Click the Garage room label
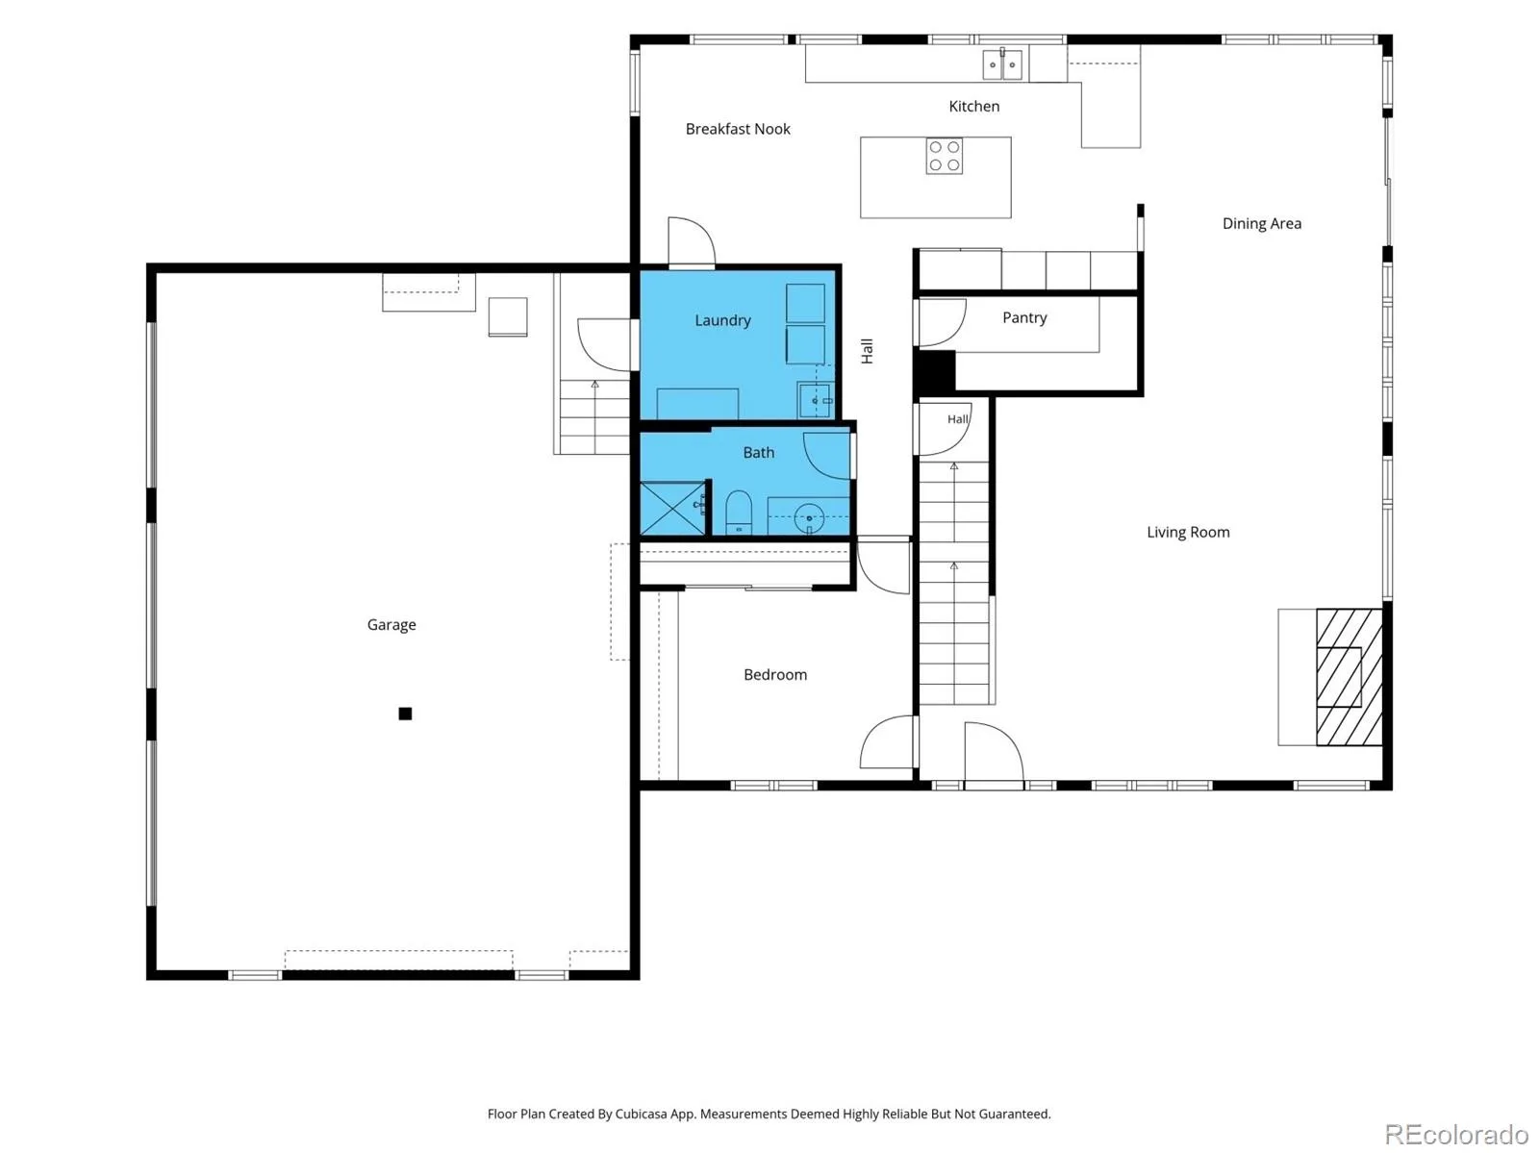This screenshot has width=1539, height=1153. [x=391, y=624]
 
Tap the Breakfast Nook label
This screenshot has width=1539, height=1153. [x=738, y=129]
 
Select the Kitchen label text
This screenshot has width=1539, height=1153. [x=973, y=107]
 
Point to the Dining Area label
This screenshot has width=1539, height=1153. [x=1261, y=224]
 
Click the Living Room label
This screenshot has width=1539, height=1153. [x=1188, y=533]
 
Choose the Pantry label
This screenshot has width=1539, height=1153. [x=1024, y=318]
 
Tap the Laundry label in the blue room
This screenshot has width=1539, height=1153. [x=722, y=321]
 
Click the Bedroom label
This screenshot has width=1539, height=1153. [x=774, y=675]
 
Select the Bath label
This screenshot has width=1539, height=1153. [x=759, y=453]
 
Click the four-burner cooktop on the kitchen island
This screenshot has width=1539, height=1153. [x=944, y=156]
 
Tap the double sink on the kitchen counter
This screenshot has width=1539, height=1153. [x=1002, y=64]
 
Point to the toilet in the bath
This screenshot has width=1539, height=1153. [x=739, y=513]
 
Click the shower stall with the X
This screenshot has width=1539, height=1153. [x=673, y=509]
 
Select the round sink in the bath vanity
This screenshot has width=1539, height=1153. [x=809, y=518]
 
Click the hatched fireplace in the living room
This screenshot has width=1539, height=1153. [x=1349, y=677]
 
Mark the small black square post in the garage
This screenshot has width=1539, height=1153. [x=405, y=714]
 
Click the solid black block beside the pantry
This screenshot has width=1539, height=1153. [x=935, y=372]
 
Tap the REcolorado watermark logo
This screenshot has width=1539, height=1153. [x=1456, y=1134]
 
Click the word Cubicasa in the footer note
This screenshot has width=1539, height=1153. [x=641, y=1114]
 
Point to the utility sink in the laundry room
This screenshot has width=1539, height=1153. [x=815, y=400]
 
